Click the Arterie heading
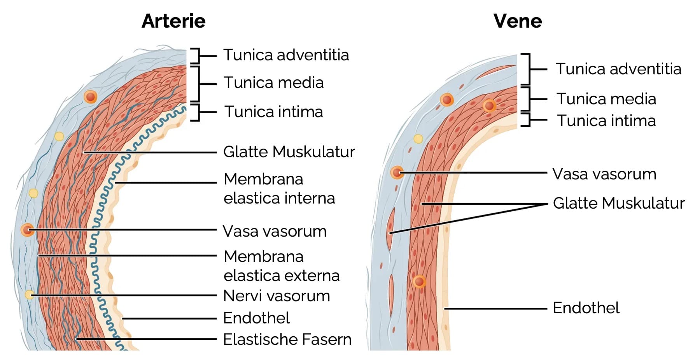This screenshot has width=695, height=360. [173, 21]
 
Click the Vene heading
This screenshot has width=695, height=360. [517, 21]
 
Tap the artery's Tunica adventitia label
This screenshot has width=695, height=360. [286, 55]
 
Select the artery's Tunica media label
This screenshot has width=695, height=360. [273, 83]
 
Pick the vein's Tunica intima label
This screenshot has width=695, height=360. [606, 121]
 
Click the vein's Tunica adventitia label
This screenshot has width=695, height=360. [618, 69]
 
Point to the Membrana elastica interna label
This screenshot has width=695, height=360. [279, 189]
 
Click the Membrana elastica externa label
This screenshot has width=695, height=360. [281, 266]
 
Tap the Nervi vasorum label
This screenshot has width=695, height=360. [276, 296]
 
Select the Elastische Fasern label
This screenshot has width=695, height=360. [287, 339]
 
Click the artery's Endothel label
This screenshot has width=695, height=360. [256, 318]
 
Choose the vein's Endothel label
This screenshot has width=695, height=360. [586, 308]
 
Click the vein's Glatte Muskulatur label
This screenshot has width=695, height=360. [618, 203]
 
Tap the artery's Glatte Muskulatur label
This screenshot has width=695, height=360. [289, 152]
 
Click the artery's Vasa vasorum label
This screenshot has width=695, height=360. [274, 231]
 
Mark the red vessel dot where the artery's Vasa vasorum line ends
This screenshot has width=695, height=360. [27, 230]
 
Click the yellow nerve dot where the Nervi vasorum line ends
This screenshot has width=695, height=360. [30, 295]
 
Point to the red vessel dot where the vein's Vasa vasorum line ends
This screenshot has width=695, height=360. [397, 172]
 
